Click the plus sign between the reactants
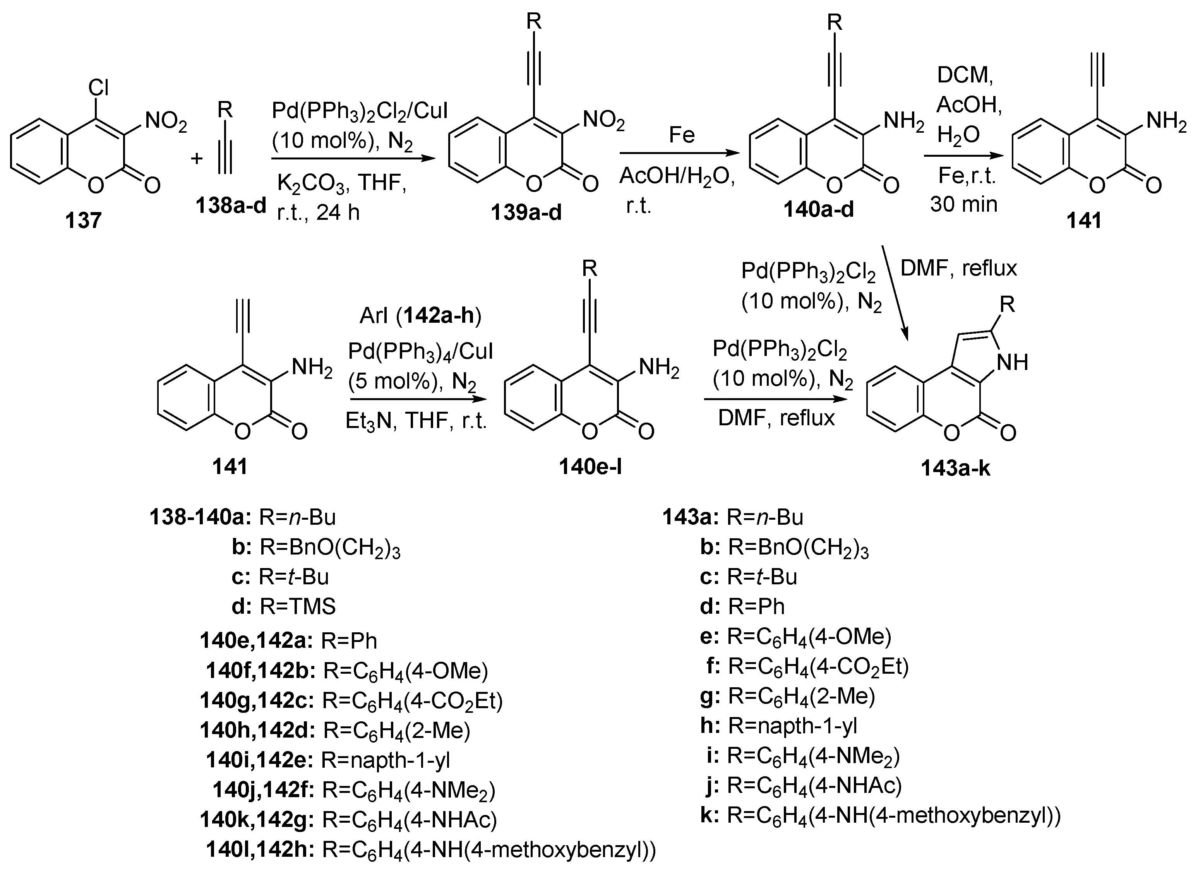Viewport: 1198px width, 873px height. tap(197, 158)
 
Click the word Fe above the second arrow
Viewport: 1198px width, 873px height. tap(681, 135)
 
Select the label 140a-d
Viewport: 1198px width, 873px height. tap(819, 210)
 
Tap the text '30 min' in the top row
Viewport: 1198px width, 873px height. tap(963, 204)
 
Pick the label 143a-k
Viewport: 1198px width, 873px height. tap(955, 468)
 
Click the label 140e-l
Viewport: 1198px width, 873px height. tap(590, 467)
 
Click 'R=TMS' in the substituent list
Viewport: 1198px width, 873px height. tap(298, 607)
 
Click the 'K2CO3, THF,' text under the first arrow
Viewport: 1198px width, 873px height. tap(341, 183)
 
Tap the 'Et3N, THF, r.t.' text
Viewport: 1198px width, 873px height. tap(416, 421)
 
